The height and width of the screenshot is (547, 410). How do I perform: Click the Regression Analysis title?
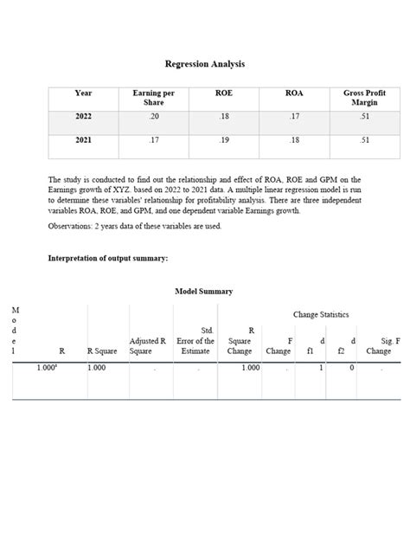click(x=205, y=64)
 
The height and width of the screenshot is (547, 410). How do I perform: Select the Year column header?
click(x=83, y=93)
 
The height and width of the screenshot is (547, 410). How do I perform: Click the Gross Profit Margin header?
click(x=363, y=98)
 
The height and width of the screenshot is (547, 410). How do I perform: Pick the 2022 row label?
click(x=83, y=116)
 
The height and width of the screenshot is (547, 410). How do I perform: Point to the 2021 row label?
click(x=83, y=139)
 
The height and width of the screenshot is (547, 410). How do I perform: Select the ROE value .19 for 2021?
click(x=223, y=139)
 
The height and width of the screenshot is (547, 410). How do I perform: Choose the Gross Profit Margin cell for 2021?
click(x=363, y=139)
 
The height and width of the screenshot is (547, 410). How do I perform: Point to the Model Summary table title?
click(x=204, y=292)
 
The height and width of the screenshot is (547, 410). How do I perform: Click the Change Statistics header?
click(x=321, y=314)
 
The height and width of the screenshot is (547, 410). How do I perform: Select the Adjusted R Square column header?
click(x=147, y=346)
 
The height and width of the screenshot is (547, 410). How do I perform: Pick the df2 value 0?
click(x=351, y=368)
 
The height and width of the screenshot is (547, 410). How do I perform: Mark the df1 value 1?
click(x=321, y=368)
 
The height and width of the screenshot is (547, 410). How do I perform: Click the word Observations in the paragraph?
click(x=74, y=226)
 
